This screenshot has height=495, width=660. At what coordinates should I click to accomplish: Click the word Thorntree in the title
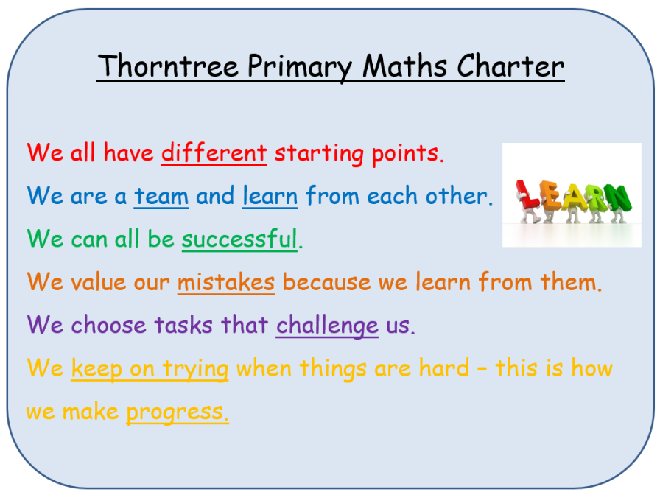169,66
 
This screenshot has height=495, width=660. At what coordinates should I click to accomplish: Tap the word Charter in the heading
510,66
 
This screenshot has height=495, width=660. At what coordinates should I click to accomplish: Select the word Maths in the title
404,66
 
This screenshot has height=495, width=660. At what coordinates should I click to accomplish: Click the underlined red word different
214,152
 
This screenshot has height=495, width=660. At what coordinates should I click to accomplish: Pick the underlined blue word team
161,196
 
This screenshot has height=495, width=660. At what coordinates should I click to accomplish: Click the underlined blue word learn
270,196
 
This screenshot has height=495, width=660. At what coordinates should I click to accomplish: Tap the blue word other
459,196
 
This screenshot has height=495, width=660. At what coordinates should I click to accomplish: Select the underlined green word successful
239,239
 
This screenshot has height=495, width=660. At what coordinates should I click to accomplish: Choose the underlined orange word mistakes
226,282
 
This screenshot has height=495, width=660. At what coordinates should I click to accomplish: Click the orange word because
326,282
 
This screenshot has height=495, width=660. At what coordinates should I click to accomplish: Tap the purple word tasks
183,326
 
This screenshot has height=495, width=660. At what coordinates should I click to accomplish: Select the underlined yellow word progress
178,412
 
